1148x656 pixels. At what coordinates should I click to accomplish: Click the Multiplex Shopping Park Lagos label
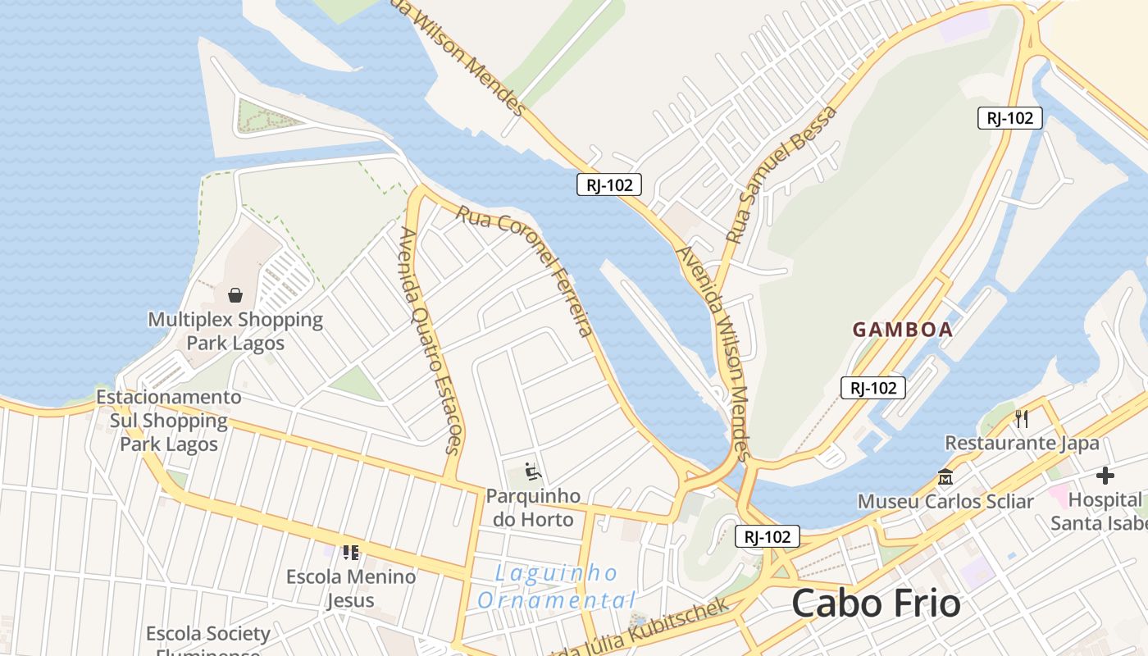click(235, 330)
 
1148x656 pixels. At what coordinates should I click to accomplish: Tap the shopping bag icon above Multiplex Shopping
click(235, 294)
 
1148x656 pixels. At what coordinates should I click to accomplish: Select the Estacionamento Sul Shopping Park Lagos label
click(169, 421)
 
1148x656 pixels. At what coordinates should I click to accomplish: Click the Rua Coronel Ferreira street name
click(525, 271)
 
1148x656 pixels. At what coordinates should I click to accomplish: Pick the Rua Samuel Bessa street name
click(782, 175)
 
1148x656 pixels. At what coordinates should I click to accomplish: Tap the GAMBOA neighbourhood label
click(902, 330)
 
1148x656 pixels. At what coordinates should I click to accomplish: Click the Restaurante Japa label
click(1022, 443)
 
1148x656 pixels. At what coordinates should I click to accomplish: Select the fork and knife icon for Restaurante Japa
click(1022, 419)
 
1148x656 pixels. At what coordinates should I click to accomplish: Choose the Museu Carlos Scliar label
click(945, 500)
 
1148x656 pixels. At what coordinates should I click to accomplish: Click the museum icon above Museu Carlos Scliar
click(945, 476)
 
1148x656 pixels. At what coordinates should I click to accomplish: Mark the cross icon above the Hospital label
click(1105, 476)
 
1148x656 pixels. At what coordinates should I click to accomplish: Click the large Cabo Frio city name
click(876, 604)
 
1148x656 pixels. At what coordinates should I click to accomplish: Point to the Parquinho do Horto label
click(533, 507)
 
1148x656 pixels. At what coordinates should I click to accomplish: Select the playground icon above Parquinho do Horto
click(533, 472)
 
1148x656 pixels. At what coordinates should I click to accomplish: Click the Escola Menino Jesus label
click(351, 588)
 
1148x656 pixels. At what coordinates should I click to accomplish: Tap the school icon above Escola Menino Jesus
click(351, 553)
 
